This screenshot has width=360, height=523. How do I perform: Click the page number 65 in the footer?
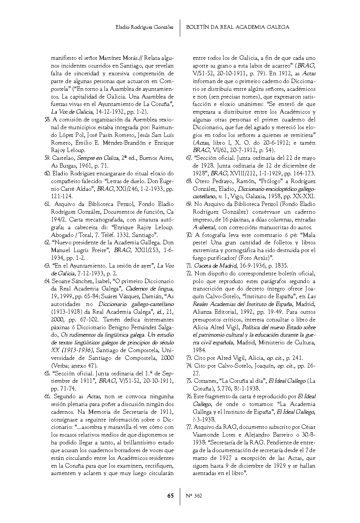[170, 496]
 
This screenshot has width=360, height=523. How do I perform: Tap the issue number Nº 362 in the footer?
[194, 496]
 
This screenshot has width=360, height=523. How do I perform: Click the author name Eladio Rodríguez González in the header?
[144, 27]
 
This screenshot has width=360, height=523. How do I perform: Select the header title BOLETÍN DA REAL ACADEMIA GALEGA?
[237, 27]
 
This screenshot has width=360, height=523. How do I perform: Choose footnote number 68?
[189, 181]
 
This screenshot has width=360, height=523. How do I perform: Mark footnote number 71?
[189, 266]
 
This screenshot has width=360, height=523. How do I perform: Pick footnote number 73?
[189, 358]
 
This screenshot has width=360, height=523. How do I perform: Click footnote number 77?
[189, 427]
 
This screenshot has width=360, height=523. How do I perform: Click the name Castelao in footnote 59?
[63, 158]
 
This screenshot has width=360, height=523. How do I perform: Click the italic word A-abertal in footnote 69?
[204, 227]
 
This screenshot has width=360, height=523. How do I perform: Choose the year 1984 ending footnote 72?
[199, 350]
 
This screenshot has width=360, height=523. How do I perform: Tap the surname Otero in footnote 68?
[202, 181]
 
